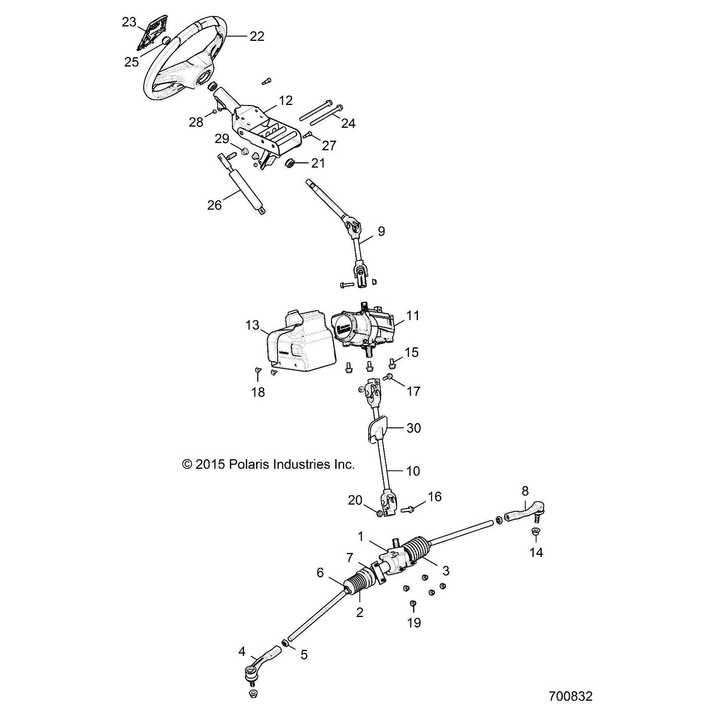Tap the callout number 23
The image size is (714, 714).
(x=129, y=22)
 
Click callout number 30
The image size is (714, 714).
(x=413, y=428)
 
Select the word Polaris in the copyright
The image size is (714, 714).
(x=249, y=464)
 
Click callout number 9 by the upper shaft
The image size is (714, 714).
(x=381, y=231)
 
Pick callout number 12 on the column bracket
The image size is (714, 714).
(x=286, y=100)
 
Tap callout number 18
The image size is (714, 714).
(x=258, y=392)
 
